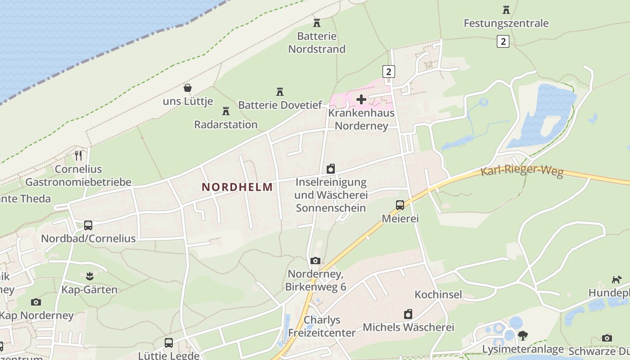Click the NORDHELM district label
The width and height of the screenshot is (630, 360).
pyautogui.click(x=237, y=187)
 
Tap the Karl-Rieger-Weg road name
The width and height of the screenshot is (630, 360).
pyautogui.click(x=522, y=171)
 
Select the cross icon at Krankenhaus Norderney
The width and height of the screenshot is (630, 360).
pyautogui.click(x=361, y=99)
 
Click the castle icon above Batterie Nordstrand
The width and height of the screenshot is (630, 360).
pyautogui.click(x=317, y=22)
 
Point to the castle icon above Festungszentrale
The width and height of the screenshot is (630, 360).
pyautogui.click(x=506, y=9)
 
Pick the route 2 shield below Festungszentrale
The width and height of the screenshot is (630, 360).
pyautogui.click(x=503, y=41)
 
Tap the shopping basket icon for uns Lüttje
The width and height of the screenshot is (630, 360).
pyautogui.click(x=188, y=88)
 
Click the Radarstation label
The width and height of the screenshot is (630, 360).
pyautogui.click(x=226, y=124)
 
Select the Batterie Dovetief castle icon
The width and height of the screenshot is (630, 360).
pyautogui.click(x=280, y=92)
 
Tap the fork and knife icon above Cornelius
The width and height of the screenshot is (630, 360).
pyautogui.click(x=78, y=156)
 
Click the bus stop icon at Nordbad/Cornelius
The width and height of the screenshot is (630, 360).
pyautogui.click(x=88, y=225)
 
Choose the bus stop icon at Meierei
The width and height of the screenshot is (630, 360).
pyautogui.click(x=400, y=205)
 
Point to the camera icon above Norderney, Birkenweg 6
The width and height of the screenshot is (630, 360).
pyautogui.click(x=315, y=261)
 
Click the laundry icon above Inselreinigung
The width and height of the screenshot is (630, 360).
pyautogui.click(x=331, y=169)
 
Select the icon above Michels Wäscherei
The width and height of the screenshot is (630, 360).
pyautogui.click(x=408, y=314)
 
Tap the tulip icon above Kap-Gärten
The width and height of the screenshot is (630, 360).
pyautogui.click(x=89, y=276)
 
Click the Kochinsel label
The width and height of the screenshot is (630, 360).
pyautogui.click(x=438, y=295)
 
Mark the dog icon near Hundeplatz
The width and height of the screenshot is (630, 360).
pyautogui.click(x=616, y=280)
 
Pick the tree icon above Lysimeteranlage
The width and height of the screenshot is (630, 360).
pyautogui.click(x=522, y=336)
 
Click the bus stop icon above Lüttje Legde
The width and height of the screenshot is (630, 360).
pyautogui.click(x=169, y=343)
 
